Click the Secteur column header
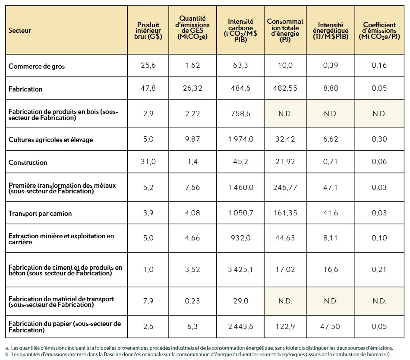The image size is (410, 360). tap(19, 30)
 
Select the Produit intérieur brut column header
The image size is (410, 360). tap(148, 31)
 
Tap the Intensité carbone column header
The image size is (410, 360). tap(240, 30)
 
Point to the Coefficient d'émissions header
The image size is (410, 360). tap(379, 31)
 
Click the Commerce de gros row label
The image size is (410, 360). tap(37, 66)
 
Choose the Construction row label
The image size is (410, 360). tap(28, 162)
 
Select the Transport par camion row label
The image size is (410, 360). tap(40, 213)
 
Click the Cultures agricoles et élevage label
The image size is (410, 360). tap(51, 139)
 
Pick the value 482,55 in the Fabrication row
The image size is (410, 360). tap(285, 88)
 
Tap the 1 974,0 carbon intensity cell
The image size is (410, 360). tap(240, 139)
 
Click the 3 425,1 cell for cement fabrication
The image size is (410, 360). tap(240, 269)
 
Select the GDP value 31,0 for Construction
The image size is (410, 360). tap(148, 161)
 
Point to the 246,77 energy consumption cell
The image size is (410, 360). tap(285, 187)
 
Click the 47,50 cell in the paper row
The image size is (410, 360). tap(330, 326)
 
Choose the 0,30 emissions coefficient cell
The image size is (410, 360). tap(379, 139)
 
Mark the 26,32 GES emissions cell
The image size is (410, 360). tap(192, 88)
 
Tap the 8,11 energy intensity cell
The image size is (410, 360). tap(330, 238)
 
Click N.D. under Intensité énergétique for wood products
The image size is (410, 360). tap(331, 114)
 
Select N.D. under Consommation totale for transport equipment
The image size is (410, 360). tap(285, 301)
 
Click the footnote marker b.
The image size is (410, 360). tap(7, 354)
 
